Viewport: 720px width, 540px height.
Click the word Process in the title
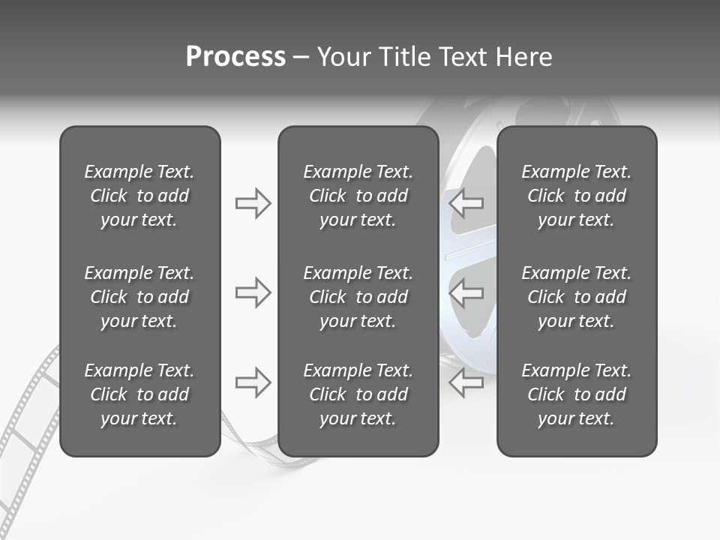point(235,57)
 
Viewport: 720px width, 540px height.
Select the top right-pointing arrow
point(253,202)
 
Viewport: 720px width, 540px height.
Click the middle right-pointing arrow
point(253,292)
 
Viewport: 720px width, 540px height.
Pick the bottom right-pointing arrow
point(253,382)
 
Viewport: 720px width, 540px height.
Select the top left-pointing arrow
point(466,202)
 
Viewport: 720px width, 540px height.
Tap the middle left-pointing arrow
point(466,292)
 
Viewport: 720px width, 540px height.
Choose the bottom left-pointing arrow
point(466,382)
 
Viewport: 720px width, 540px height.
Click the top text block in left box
point(139,196)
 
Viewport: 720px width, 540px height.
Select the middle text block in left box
point(139,297)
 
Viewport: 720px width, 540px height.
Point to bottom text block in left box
point(139,394)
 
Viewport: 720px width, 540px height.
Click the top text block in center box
point(358,196)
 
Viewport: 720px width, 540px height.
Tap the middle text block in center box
point(358,297)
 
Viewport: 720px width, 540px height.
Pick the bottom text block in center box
point(358,394)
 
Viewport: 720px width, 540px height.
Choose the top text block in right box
point(576,196)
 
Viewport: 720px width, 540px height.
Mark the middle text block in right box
point(576,297)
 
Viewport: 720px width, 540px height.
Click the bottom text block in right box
point(576,394)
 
